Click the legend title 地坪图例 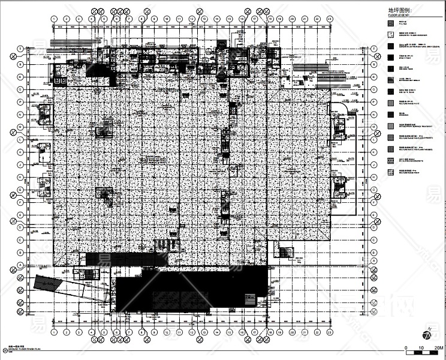(x=400, y=10)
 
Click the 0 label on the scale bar (x=406, y=347)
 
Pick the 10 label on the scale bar (x=422, y=347)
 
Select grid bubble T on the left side (x=20, y=49)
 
